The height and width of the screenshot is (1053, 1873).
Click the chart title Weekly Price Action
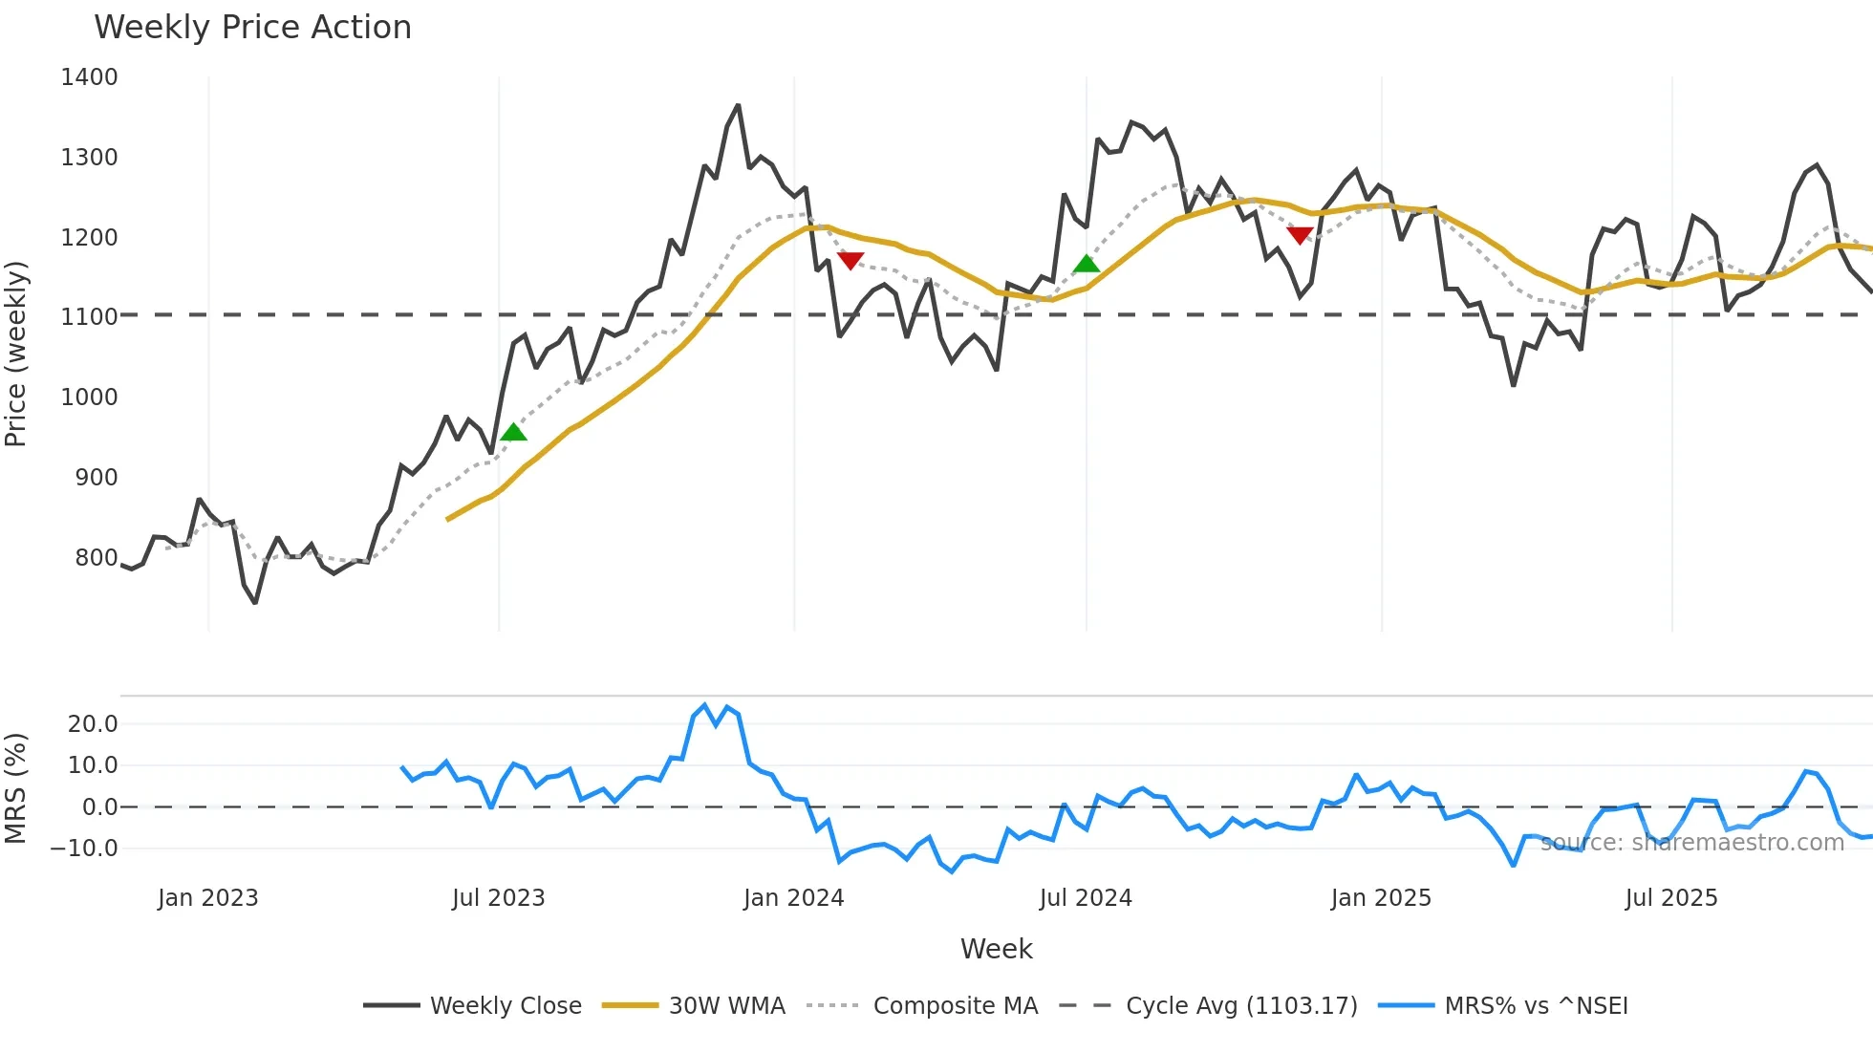pyautogui.click(x=252, y=28)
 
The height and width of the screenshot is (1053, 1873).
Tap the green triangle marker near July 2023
pyautogui.click(x=513, y=433)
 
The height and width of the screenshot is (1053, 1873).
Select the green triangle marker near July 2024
pyautogui.click(x=1087, y=264)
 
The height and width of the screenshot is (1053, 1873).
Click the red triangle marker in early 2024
pyautogui.click(x=850, y=260)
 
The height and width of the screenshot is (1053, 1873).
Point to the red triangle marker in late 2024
pyautogui.click(x=1300, y=235)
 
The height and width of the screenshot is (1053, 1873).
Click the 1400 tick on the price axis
pyautogui.click(x=89, y=77)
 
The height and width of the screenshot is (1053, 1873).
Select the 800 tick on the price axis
pyautogui.click(x=97, y=558)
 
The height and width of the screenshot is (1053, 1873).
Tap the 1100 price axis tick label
pyautogui.click(x=89, y=317)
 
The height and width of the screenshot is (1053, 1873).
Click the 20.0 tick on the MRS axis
pyautogui.click(x=93, y=724)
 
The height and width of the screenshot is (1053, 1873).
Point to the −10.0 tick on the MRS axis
pyautogui.click(x=84, y=849)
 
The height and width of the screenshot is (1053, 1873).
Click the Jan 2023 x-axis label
pyautogui.click(x=208, y=898)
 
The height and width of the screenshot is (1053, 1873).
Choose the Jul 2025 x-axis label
pyautogui.click(x=1671, y=898)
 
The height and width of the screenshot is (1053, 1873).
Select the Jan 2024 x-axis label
pyautogui.click(x=794, y=898)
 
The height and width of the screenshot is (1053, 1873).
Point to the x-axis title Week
pyautogui.click(x=996, y=949)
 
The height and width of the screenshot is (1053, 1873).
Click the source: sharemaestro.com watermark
pyautogui.click(x=1691, y=843)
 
